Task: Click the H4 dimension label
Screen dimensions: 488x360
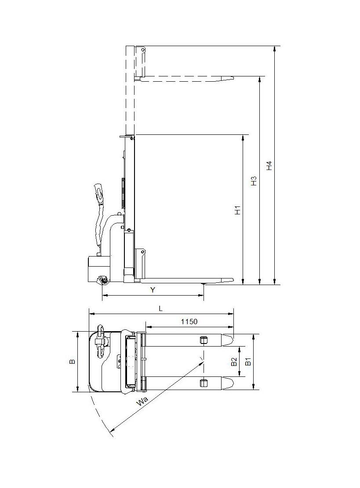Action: (x=270, y=166)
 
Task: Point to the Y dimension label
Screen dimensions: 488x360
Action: (x=153, y=290)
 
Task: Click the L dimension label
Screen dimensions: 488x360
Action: (x=161, y=309)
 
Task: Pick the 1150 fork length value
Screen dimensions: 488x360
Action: (x=189, y=322)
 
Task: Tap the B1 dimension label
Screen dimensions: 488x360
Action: (x=248, y=361)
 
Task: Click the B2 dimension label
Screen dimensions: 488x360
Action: (x=234, y=361)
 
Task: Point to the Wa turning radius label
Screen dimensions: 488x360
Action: (x=142, y=401)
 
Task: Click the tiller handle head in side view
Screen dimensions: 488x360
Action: (x=98, y=192)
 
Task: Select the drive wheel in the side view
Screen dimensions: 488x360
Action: (x=104, y=280)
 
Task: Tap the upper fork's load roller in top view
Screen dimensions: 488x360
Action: (x=203, y=340)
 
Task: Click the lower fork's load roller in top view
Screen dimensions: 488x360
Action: (x=203, y=383)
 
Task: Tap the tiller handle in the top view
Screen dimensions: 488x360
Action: (x=100, y=338)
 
